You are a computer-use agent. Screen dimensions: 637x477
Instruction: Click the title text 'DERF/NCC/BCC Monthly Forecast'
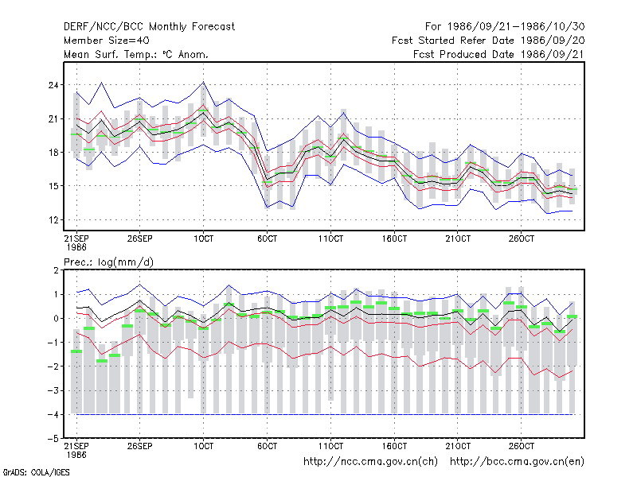click(149, 27)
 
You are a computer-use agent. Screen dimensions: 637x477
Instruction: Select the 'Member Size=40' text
click(107, 41)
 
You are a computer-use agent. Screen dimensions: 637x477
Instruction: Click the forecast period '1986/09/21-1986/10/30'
click(516, 27)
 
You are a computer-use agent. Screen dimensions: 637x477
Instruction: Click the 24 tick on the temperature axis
click(53, 85)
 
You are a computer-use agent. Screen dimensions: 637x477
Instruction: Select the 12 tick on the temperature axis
click(53, 220)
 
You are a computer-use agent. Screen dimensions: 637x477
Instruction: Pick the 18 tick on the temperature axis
click(53, 153)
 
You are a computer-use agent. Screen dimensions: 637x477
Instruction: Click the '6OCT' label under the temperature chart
click(268, 239)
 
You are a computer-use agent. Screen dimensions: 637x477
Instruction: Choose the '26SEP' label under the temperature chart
click(140, 239)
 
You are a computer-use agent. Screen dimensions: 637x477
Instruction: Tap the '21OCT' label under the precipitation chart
click(458, 446)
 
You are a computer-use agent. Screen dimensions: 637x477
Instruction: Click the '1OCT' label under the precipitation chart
click(204, 446)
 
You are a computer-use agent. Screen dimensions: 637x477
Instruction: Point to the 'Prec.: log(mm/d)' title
click(108, 262)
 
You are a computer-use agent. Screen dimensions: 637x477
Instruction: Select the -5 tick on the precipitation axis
click(53, 439)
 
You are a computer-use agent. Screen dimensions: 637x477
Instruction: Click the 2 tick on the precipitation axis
click(56, 270)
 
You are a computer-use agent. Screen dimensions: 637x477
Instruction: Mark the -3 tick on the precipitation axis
click(53, 390)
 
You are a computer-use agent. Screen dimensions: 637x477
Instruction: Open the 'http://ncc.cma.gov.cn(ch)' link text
click(370, 462)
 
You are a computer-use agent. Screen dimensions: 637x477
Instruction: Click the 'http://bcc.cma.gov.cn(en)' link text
click(517, 462)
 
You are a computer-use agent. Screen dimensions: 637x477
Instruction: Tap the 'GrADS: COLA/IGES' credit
click(37, 472)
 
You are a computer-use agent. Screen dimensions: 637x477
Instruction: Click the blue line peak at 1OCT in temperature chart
click(204, 83)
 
